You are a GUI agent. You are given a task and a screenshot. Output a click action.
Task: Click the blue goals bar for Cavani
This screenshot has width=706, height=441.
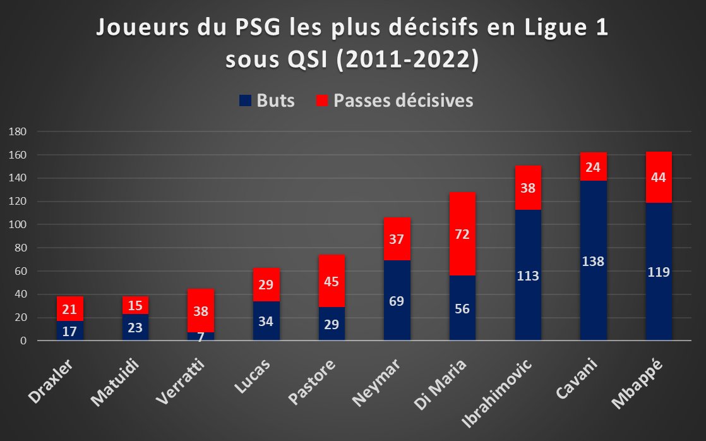click(x=594, y=260)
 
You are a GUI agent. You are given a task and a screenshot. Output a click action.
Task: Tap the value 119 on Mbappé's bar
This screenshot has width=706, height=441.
click(x=659, y=272)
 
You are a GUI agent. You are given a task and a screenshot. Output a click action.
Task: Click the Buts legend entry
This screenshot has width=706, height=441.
click(x=267, y=101)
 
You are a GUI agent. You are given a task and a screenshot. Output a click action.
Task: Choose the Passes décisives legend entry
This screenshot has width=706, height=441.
click(x=394, y=101)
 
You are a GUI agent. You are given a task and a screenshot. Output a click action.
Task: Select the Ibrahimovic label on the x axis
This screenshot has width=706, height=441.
click(x=505, y=385)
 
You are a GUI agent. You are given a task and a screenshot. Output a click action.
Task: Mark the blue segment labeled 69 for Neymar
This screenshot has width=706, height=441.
click(x=397, y=300)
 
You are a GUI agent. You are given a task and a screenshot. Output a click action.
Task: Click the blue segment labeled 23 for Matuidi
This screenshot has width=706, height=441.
click(x=135, y=327)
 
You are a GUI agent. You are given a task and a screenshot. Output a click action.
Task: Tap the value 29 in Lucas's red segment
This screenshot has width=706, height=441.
click(x=266, y=284)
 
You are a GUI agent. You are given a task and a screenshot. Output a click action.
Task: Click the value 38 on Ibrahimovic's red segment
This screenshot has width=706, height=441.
click(x=528, y=187)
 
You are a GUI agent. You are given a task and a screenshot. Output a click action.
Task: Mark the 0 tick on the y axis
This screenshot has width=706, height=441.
click(x=23, y=341)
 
